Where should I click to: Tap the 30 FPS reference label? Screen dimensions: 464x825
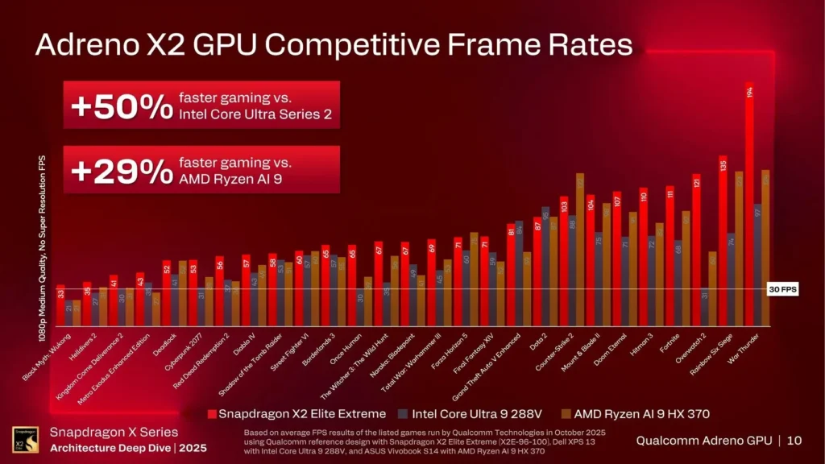tap(781, 290)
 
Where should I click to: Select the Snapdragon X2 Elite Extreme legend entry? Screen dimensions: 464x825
tap(298, 414)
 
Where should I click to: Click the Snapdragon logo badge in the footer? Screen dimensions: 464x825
tap(25, 440)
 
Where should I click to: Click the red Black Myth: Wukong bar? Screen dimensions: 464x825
tap(60, 305)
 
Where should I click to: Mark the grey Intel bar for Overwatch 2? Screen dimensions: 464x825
tap(705, 307)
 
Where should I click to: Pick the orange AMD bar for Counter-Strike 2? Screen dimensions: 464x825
tap(580, 249)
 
